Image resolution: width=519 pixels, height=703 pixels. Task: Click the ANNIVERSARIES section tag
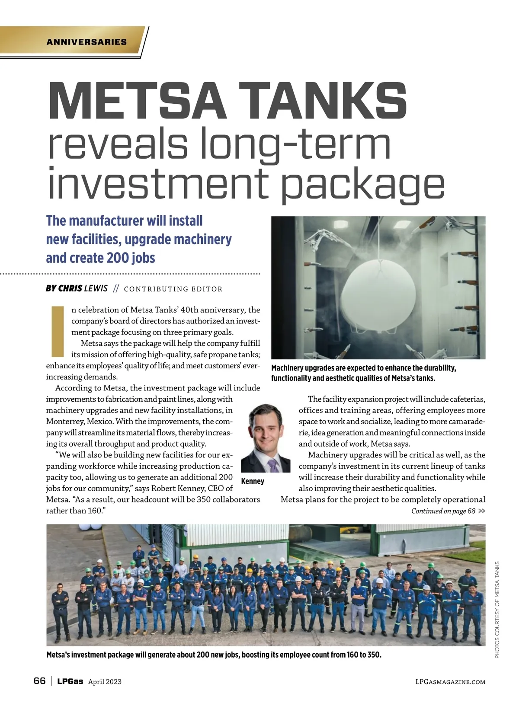click(86, 42)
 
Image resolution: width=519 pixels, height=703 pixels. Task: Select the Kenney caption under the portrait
click(253, 481)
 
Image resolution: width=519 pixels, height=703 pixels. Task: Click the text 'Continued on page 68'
click(443, 511)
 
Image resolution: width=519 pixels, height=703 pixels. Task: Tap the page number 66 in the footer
click(39, 681)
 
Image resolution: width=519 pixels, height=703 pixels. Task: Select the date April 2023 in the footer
click(105, 682)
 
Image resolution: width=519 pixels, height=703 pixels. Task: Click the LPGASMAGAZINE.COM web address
click(450, 682)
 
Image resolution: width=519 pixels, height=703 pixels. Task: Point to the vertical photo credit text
click(497, 610)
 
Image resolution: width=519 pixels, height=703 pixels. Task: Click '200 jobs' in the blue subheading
click(127, 258)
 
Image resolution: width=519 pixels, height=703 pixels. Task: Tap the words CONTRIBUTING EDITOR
click(173, 289)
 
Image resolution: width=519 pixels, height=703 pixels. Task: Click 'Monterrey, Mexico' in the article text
click(78, 422)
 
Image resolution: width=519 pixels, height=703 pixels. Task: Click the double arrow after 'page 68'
click(482, 511)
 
